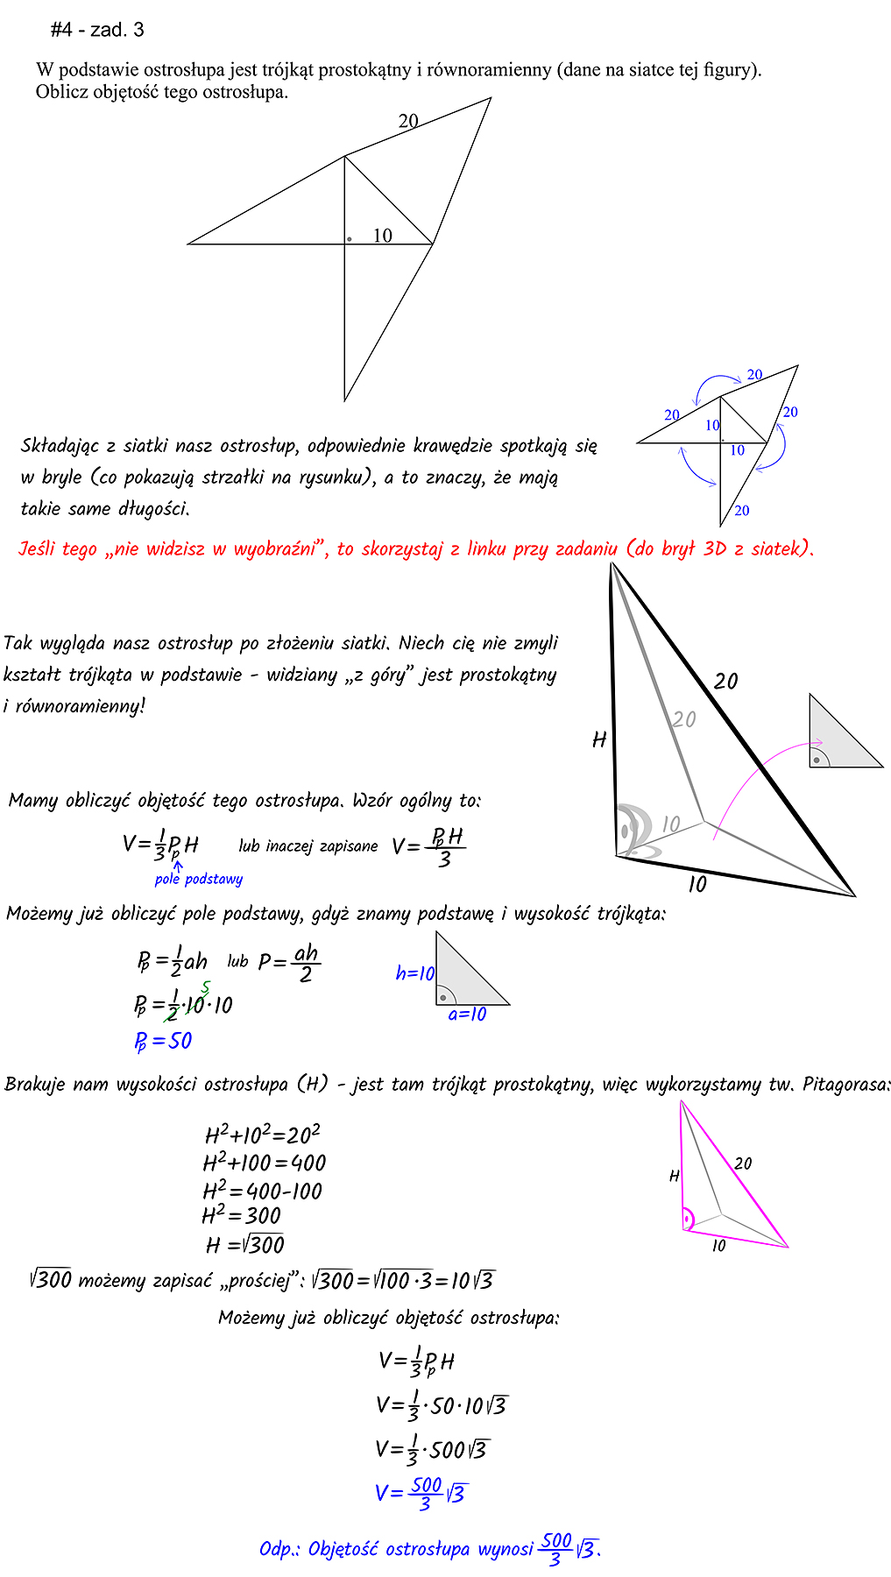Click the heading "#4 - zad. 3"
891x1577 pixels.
97,30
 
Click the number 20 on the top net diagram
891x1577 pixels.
408,122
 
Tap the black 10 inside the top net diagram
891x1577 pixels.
382,236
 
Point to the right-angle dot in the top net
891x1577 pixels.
350,238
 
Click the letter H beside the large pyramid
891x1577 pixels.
599,740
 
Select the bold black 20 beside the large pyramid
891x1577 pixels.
725,681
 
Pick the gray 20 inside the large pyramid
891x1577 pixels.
684,719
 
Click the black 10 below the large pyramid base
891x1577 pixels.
697,885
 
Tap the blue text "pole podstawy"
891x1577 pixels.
199,879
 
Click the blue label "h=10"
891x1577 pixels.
415,973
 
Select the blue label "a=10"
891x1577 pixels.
467,1015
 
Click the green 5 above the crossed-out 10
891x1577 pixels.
205,989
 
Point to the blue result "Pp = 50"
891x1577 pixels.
163,1041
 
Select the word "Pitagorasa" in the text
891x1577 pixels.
845,1085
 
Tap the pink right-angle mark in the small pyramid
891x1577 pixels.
689,1219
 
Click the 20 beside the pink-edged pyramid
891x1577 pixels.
743,1163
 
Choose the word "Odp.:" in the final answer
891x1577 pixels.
279,1549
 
